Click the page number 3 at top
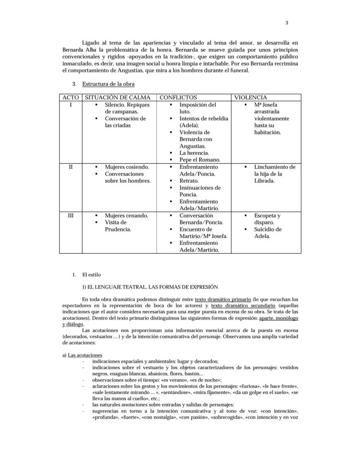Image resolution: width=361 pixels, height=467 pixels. pos(286,23)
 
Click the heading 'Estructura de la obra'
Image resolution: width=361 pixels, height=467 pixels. pos(108,84)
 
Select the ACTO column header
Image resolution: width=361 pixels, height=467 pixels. pos(70,98)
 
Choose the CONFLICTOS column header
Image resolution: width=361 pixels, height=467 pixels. pos(178,98)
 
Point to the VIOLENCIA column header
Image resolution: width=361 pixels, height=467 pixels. pos(251,98)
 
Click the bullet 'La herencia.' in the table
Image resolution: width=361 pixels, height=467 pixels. pos(194,153)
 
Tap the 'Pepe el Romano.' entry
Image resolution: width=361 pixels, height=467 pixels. pos(200,160)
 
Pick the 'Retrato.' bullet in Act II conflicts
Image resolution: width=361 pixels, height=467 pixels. pos(189,181)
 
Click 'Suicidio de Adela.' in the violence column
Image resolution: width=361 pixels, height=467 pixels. pos(268,233)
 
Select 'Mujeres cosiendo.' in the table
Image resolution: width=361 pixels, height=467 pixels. pos(126,167)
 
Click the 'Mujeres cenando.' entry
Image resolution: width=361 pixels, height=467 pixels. pos(126,216)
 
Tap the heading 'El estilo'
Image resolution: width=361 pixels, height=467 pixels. pos(91,275)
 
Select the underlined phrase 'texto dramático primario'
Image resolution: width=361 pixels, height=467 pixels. pos(223,300)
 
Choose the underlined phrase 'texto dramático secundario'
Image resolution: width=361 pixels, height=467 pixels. pos(247,306)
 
